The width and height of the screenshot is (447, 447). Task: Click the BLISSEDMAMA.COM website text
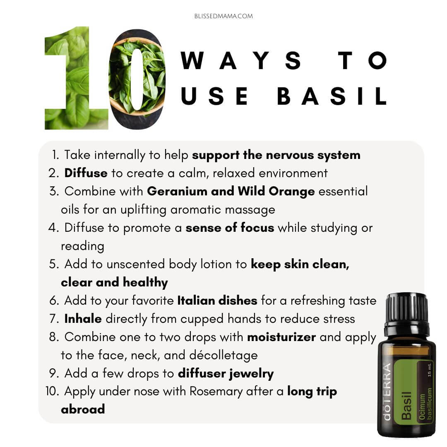(x=223, y=16)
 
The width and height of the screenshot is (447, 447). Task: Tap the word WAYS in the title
(x=241, y=60)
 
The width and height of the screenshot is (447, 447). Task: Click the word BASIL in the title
(x=332, y=96)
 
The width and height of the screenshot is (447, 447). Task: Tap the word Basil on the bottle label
(x=406, y=405)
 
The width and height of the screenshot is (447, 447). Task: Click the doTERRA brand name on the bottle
(x=387, y=392)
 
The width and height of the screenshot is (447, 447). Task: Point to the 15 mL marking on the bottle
(x=430, y=370)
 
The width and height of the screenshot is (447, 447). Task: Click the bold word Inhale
(x=83, y=319)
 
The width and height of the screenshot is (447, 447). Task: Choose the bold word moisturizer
(x=281, y=337)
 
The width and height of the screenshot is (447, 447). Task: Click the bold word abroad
(x=83, y=409)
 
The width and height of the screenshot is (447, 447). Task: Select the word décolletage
(x=223, y=356)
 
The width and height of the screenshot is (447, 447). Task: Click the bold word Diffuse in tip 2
(x=86, y=173)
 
